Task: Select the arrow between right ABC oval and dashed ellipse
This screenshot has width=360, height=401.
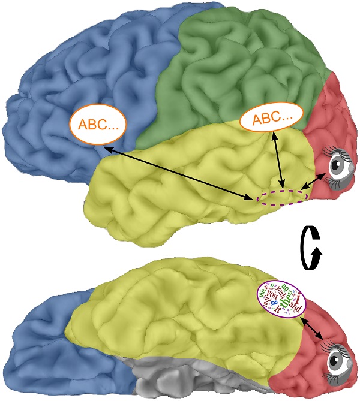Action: [x=278, y=159]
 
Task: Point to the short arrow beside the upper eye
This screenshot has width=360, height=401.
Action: [x=314, y=181]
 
